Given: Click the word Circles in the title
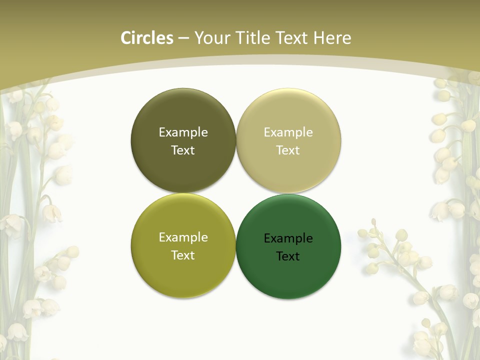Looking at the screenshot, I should click(146, 38).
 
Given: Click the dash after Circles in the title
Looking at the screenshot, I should click(183, 38).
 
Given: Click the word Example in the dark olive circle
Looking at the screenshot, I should click(183, 132).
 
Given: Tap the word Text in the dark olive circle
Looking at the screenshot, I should click(183, 150).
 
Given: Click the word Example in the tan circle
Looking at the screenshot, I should click(288, 132).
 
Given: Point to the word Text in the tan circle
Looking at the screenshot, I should click(288, 150).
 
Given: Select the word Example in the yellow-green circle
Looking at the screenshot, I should click(183, 237).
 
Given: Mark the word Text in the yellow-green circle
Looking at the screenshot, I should click(183, 255).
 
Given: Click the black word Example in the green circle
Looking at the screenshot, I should click(288, 238).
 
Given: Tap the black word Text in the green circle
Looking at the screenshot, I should click(288, 256).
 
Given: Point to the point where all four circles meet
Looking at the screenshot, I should click(236, 193).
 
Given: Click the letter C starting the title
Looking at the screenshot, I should click(125, 38).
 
